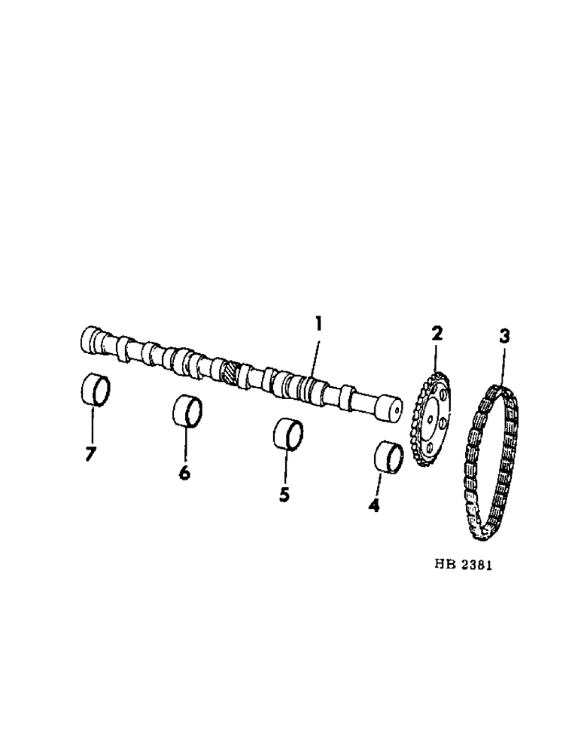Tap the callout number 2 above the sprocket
pyautogui.click(x=438, y=333)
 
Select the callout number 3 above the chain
pyautogui.click(x=504, y=337)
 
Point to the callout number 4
pyautogui.click(x=374, y=505)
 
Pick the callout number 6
pyautogui.click(x=185, y=473)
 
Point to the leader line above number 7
pyautogui.click(x=93, y=425)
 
